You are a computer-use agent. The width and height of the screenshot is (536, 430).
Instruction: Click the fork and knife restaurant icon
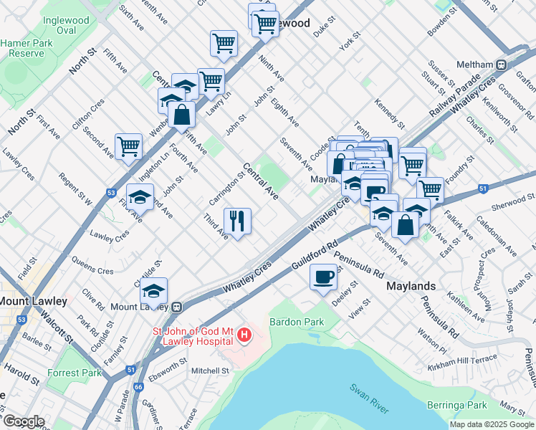click(237, 221)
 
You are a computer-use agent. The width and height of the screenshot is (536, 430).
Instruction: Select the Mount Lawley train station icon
click(176, 307)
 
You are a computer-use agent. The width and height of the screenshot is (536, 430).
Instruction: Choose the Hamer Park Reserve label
click(22, 48)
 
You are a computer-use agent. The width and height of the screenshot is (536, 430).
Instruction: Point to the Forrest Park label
click(74, 373)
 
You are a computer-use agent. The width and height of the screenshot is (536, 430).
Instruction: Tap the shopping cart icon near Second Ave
click(129, 147)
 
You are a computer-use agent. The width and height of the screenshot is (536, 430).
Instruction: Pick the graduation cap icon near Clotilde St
click(153, 291)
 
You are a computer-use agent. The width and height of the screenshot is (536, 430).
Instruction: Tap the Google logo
click(23, 421)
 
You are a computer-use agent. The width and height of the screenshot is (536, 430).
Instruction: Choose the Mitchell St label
click(210, 371)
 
